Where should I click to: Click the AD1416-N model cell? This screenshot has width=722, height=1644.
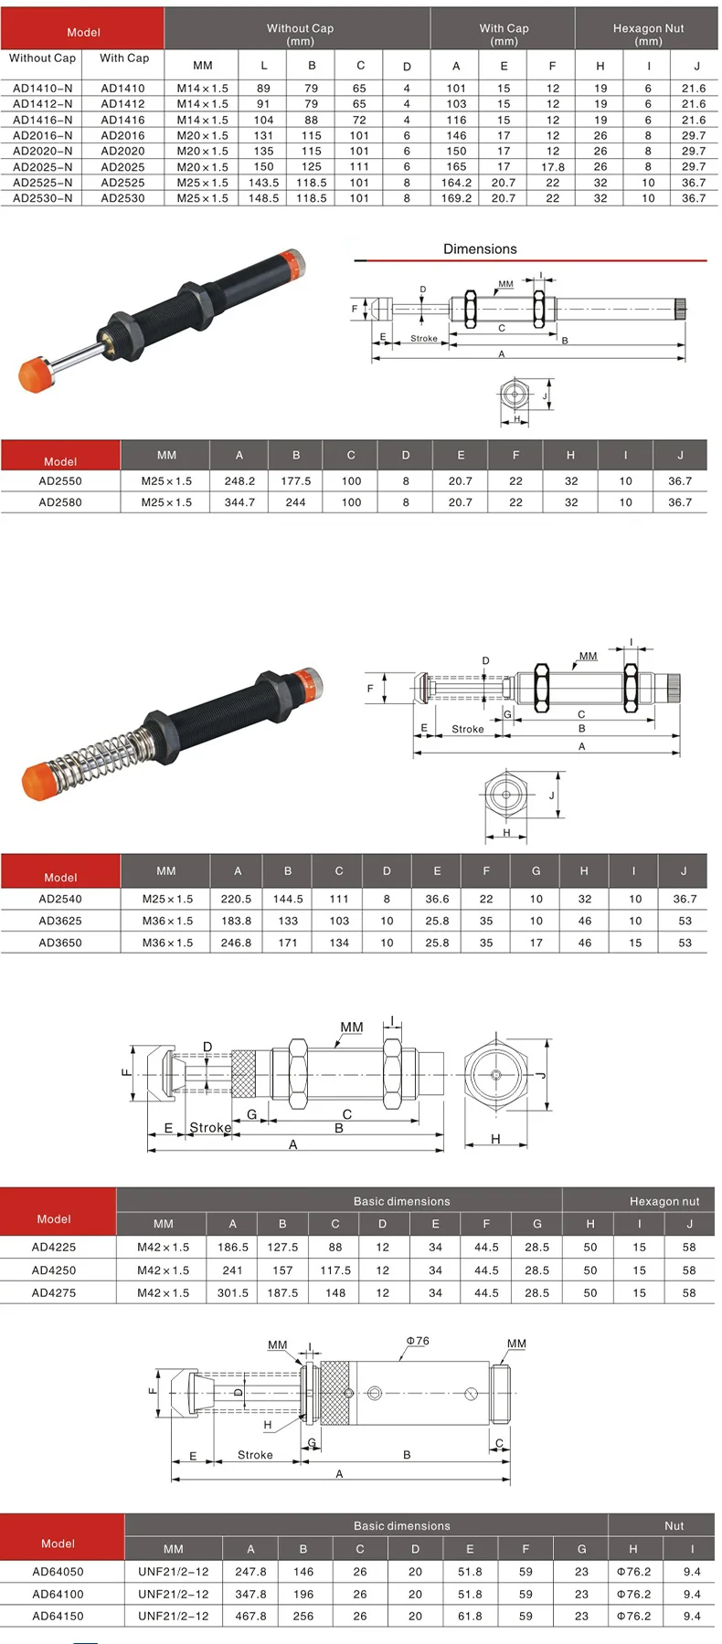click(x=42, y=120)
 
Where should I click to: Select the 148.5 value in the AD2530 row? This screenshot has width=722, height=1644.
click(x=263, y=198)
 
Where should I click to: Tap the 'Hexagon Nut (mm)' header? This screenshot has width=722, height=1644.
click(x=648, y=35)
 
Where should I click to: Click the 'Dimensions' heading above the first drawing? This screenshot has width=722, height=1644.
click(x=480, y=249)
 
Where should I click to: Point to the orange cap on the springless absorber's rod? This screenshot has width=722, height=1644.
click(x=37, y=374)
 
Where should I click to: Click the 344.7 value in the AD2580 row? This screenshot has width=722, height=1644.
click(x=239, y=502)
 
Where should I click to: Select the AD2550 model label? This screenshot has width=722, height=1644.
click(x=60, y=481)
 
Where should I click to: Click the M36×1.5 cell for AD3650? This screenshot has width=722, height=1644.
click(x=167, y=943)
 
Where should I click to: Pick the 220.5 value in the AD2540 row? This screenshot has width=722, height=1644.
click(x=236, y=899)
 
